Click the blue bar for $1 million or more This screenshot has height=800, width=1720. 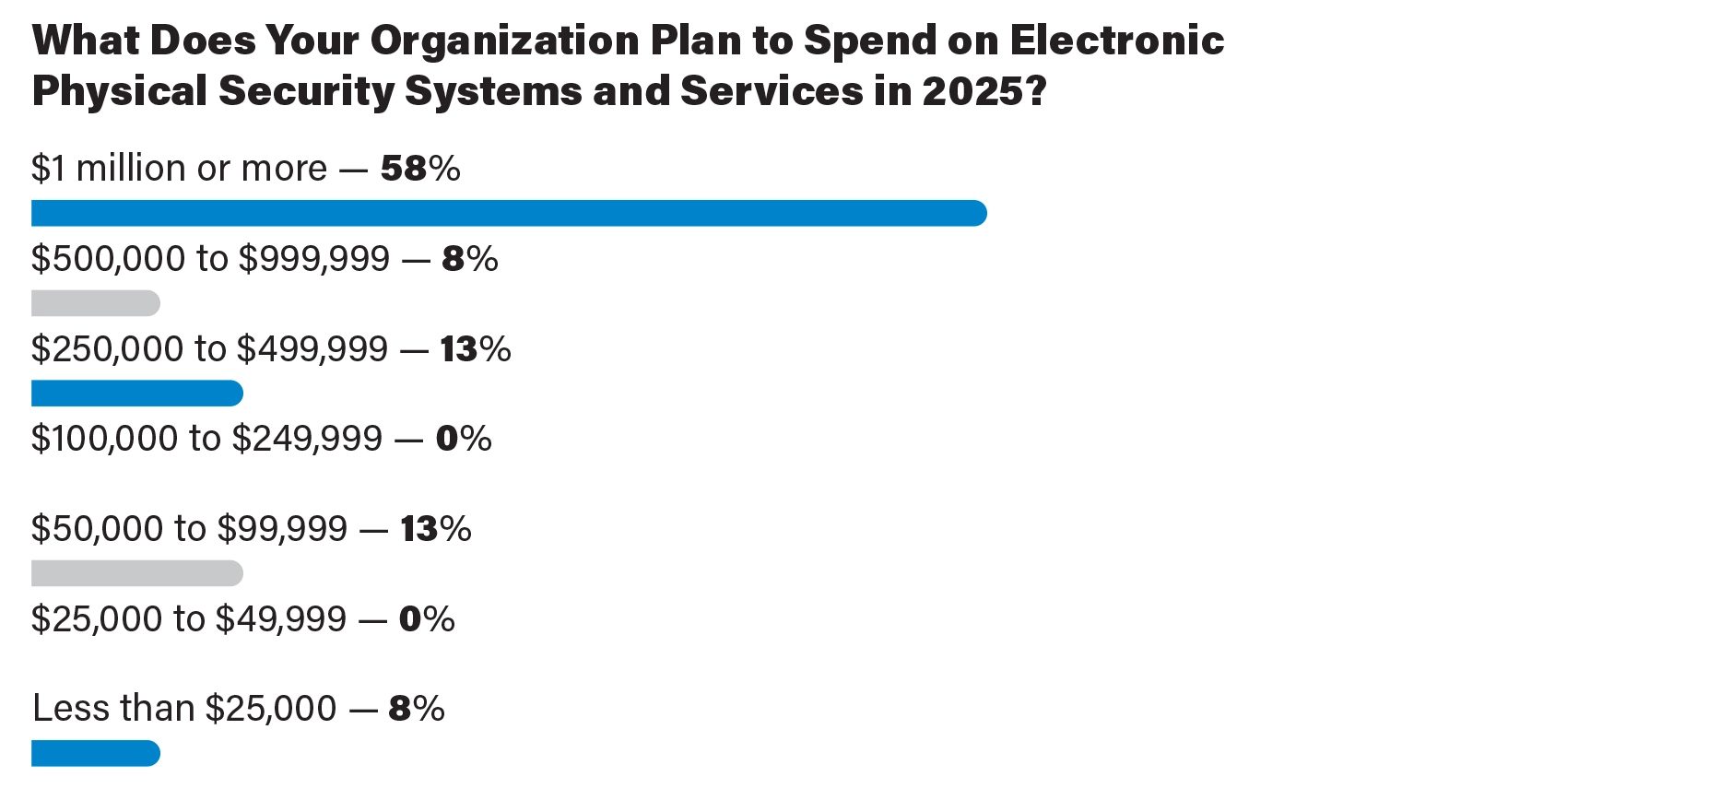(x=509, y=213)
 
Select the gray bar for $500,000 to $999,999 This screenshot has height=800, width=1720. (x=96, y=303)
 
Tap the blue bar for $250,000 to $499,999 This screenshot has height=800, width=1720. (x=137, y=394)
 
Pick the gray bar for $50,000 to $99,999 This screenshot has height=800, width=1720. (x=137, y=573)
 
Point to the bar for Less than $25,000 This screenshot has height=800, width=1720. (x=96, y=753)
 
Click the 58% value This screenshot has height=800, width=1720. (x=419, y=169)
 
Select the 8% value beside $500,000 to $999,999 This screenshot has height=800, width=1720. (x=469, y=259)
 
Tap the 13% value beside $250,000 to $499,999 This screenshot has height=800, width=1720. (x=475, y=349)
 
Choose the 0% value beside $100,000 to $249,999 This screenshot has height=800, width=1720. (x=463, y=439)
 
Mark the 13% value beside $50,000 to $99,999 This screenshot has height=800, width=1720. (x=435, y=529)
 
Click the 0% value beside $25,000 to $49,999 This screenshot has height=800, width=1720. (x=426, y=618)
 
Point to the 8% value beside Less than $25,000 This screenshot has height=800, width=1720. (x=416, y=709)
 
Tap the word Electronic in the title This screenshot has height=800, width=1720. (x=1116, y=41)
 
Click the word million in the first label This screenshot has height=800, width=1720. (x=131, y=169)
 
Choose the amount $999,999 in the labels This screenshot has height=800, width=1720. (x=314, y=259)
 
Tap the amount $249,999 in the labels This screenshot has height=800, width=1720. (x=307, y=439)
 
